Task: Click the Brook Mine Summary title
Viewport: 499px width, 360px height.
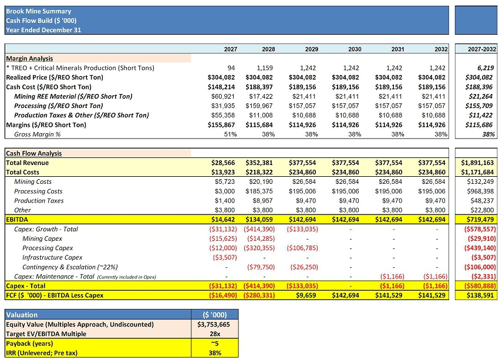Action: click(31, 11)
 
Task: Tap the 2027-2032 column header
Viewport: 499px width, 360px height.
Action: click(477, 49)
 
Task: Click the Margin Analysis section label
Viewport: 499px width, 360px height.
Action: click(29, 59)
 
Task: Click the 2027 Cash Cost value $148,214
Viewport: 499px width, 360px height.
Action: click(222, 87)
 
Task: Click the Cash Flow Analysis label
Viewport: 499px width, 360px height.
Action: click(33, 153)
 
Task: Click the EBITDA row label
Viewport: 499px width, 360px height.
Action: click(18, 219)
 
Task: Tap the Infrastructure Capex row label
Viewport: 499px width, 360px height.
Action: click(52, 257)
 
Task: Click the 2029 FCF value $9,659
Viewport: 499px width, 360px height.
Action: click(305, 295)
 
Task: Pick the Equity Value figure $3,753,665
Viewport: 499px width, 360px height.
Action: click(215, 324)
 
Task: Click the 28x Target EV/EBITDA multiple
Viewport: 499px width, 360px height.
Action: click(215, 334)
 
